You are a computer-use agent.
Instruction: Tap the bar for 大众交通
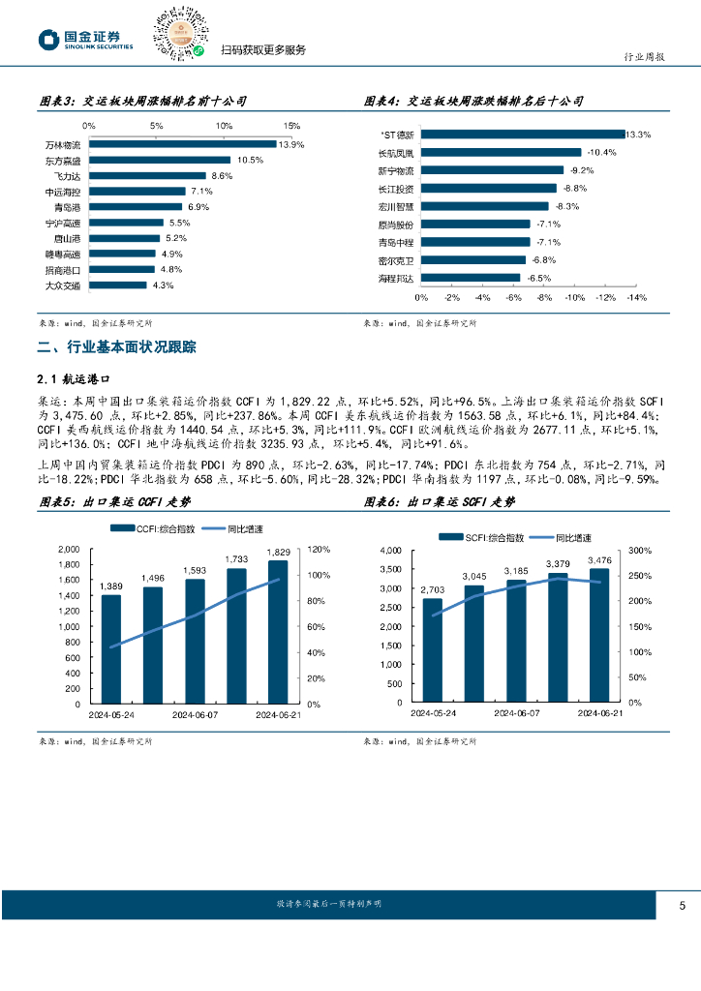point(117,285)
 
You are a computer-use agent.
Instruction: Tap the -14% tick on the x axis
point(636,298)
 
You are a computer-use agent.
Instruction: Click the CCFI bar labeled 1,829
point(278,631)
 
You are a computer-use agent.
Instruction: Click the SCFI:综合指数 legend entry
point(482,536)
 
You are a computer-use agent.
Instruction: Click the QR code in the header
point(178,32)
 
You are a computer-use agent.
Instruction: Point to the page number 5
point(683,906)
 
